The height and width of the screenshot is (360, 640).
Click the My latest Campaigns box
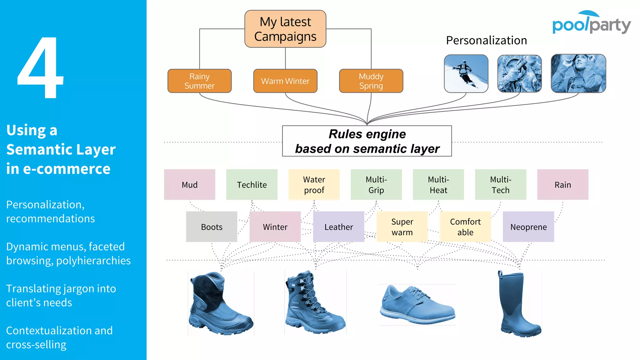285,29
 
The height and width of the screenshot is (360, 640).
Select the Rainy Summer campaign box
199,81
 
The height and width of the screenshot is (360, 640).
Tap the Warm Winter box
285,81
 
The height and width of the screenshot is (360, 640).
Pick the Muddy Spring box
371,81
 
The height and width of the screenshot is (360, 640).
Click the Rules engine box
367,141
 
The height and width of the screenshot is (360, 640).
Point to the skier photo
466,74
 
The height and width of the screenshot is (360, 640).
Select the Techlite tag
252,185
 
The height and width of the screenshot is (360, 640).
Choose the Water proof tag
314,185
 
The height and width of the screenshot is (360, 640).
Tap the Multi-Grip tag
376,185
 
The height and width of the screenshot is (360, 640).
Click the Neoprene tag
528,227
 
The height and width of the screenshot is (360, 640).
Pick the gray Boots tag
212,227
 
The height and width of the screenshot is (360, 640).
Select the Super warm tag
402,227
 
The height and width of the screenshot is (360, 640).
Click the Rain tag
562,185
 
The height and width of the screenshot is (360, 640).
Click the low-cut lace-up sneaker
417,305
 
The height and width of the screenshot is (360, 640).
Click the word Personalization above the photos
486,41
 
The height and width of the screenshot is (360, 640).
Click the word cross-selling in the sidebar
36,345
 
